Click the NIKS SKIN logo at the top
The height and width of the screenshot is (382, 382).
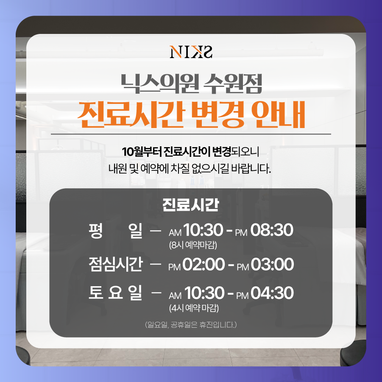191,52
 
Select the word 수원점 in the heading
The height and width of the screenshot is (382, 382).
232,84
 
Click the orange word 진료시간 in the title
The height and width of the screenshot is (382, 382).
131,114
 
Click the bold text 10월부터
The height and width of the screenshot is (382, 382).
142,152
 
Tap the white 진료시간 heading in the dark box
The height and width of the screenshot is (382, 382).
191,205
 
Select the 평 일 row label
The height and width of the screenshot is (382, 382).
115,231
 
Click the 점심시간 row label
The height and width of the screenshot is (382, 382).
115,264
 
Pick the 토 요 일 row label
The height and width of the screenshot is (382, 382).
115,293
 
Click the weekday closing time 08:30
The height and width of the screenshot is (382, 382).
272,230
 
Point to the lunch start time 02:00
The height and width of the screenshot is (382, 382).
204,264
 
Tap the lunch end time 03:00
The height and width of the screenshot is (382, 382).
272,264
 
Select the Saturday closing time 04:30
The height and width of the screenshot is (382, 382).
272,293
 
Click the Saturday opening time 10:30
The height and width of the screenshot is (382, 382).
204,293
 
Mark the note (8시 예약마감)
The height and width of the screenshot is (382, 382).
193,245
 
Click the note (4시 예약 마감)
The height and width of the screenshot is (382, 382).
194,308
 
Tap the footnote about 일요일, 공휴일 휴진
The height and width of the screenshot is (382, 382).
191,325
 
